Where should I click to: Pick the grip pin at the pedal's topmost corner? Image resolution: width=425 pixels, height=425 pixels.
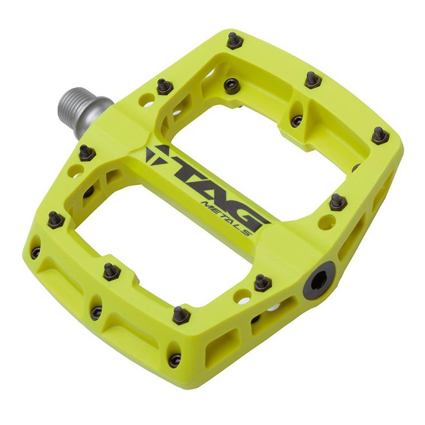point(234,41)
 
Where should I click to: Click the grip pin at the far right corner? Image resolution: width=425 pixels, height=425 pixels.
point(380,136)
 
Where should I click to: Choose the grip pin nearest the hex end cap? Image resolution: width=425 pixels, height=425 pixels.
point(262,283)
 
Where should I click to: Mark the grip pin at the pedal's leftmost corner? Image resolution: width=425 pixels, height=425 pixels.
point(55,220)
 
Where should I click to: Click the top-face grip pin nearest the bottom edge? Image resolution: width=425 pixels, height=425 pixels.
point(181,315)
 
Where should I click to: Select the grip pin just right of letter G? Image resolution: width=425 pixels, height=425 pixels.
point(338,202)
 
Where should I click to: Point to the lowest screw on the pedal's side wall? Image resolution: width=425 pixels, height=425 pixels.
point(174,361)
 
